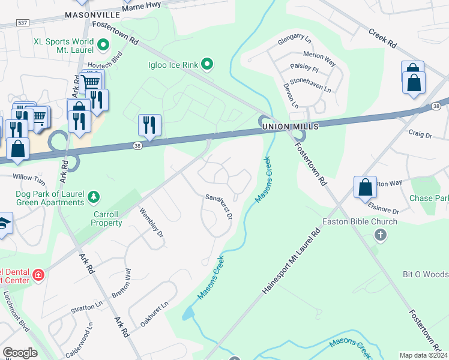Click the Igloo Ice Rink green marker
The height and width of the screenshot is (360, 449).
(207, 63)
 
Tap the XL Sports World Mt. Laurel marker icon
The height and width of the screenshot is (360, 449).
(103, 44)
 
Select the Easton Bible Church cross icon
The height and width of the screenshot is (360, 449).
(380, 235)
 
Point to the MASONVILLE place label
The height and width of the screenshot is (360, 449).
(93, 14)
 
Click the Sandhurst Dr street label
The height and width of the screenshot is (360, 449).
(219, 206)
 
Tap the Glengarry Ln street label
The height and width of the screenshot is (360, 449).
(295, 42)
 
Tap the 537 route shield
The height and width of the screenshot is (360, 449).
(23, 23)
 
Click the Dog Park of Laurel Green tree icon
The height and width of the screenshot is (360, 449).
(94, 196)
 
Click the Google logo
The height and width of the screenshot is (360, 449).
(20, 353)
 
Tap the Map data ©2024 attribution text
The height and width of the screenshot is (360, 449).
(423, 355)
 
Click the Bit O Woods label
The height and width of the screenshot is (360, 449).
(425, 274)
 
